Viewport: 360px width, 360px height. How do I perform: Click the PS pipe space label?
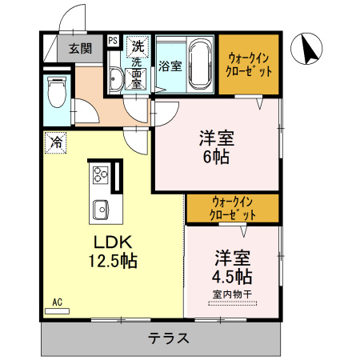click(x=113, y=41)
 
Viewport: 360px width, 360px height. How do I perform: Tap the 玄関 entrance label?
click(x=80, y=49)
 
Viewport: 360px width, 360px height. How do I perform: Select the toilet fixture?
click(x=57, y=92)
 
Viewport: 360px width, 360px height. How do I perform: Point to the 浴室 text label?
click(x=170, y=66)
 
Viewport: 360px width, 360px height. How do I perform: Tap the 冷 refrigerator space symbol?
click(x=55, y=143)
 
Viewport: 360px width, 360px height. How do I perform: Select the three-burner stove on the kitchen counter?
click(x=100, y=175)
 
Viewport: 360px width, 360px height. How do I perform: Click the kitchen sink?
click(x=101, y=210)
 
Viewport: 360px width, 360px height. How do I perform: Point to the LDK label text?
click(x=113, y=242)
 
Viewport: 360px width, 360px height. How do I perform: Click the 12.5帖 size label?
click(x=113, y=261)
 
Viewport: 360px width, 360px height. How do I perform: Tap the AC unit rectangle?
click(x=57, y=311)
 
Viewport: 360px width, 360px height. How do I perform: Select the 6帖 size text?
click(x=216, y=157)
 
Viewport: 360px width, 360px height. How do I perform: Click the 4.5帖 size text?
click(x=232, y=276)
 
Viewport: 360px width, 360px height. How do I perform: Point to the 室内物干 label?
click(x=232, y=294)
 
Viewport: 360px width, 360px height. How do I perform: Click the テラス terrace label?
click(x=169, y=338)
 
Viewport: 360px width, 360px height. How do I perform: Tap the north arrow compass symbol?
click(x=306, y=49)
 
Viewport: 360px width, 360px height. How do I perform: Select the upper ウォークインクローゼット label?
click(x=249, y=65)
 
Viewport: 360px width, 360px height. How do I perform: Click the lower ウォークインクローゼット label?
click(x=232, y=208)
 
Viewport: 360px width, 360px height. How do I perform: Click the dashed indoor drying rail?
click(x=232, y=303)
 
